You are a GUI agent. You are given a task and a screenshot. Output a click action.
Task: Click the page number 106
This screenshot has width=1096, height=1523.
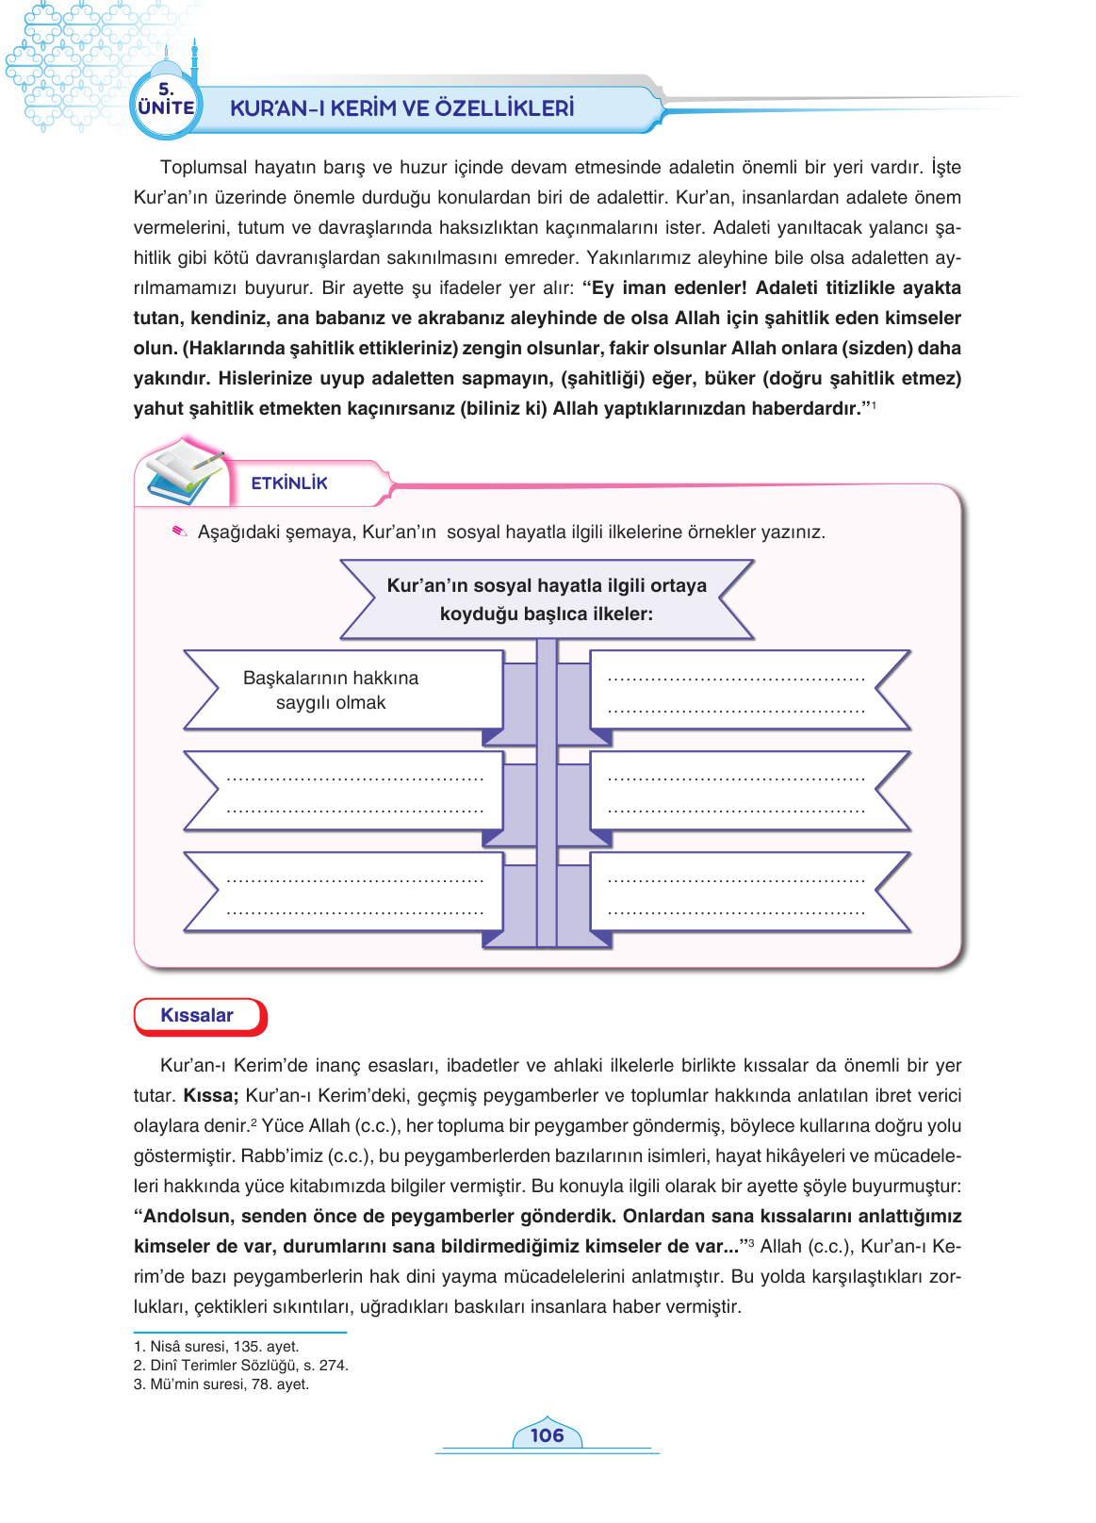(x=547, y=1434)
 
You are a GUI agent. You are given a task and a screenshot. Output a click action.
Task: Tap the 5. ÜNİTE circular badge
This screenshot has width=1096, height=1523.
(x=166, y=101)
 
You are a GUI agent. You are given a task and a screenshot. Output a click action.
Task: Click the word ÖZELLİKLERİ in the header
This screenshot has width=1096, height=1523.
(x=505, y=108)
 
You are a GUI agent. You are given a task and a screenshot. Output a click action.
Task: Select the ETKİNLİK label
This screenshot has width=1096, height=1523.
(x=289, y=483)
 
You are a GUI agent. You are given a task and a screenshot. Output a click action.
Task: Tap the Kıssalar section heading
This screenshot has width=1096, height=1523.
(x=197, y=1015)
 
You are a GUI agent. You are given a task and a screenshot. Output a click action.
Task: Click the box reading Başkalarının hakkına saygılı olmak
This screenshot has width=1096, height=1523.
(x=331, y=690)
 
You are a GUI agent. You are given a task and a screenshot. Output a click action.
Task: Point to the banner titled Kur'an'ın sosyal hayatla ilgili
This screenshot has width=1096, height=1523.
(x=547, y=599)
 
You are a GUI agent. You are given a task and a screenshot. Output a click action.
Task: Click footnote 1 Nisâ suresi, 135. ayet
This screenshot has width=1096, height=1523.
(x=217, y=1346)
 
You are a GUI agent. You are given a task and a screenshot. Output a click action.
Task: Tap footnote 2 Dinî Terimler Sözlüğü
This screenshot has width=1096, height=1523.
(x=241, y=1365)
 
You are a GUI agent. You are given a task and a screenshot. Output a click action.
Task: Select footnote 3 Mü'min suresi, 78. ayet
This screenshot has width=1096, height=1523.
(x=221, y=1384)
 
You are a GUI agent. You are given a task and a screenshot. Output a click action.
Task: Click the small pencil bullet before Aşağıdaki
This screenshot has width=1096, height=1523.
(x=179, y=532)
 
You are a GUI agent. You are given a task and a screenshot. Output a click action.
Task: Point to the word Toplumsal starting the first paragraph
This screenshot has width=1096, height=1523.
(x=204, y=168)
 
